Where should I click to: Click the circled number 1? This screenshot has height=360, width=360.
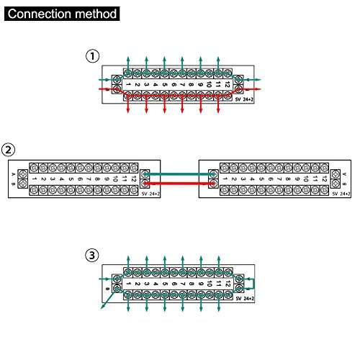pyautogui.click(x=92, y=55)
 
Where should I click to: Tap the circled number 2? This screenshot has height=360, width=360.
pyautogui.click(x=9, y=150)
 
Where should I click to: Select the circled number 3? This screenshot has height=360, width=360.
pyautogui.click(x=92, y=255)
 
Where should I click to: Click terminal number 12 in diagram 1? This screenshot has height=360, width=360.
pyautogui.click(x=227, y=84)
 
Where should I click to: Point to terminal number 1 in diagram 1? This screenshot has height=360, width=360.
pyautogui.click(x=128, y=84)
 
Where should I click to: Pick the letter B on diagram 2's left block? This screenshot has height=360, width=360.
pyautogui.click(x=14, y=185)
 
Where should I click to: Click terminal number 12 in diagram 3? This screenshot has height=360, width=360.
pyautogui.click(x=227, y=284)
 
